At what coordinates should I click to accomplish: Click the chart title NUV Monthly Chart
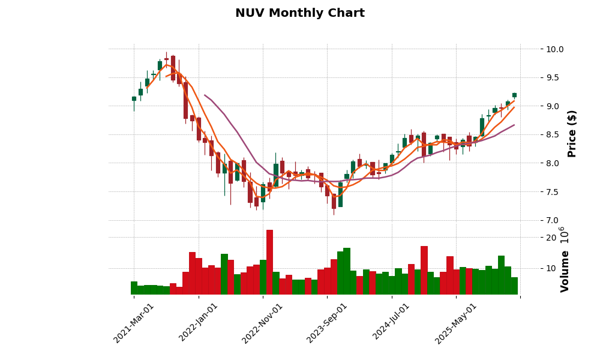pos(299,13)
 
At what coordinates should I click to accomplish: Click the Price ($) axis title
pos(572,133)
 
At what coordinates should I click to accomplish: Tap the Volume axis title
pos(565,271)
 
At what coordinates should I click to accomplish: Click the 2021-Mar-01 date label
pos(134,323)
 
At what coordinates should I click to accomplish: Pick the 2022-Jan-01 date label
pos(199,323)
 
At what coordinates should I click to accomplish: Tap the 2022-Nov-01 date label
pos(263,323)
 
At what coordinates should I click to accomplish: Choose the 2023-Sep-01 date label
pos(327,323)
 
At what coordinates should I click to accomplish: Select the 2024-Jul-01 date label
pos(391,323)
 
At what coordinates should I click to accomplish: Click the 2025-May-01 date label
pos(456,323)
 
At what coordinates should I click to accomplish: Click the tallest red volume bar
pos(269,262)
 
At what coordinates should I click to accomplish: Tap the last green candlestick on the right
pos(514,95)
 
